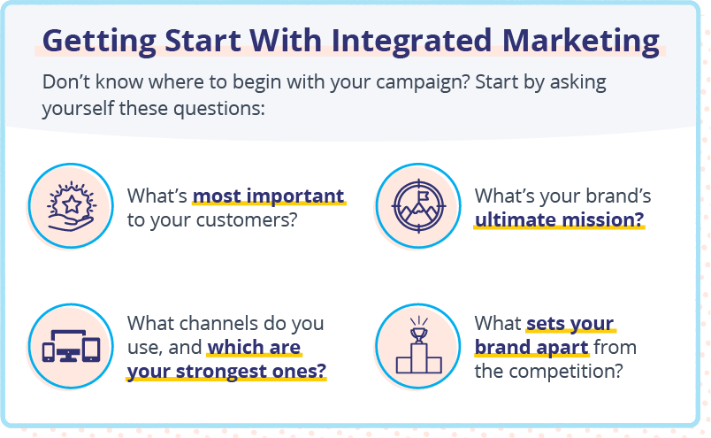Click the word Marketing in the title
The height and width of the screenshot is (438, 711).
tap(581, 42)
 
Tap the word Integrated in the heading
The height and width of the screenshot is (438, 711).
tap(411, 42)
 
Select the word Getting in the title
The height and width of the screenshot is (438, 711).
tap(99, 42)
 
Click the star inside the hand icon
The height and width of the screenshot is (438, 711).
tap(72, 204)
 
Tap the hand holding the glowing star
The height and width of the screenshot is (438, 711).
tap(71, 223)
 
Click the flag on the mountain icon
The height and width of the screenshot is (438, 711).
tap(423, 196)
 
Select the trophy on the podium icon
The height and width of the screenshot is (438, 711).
tap(418, 335)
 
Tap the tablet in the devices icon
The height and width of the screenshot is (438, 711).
tap(92, 350)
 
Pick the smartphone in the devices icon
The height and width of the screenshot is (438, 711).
tap(49, 352)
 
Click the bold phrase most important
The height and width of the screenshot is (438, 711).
tap(269, 196)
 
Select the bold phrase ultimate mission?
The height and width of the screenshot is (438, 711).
tap(559, 219)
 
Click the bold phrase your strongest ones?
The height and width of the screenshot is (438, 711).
tap(226, 372)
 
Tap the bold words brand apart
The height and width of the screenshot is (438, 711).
tap(531, 347)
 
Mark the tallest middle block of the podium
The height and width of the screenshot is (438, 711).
tap(418, 358)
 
